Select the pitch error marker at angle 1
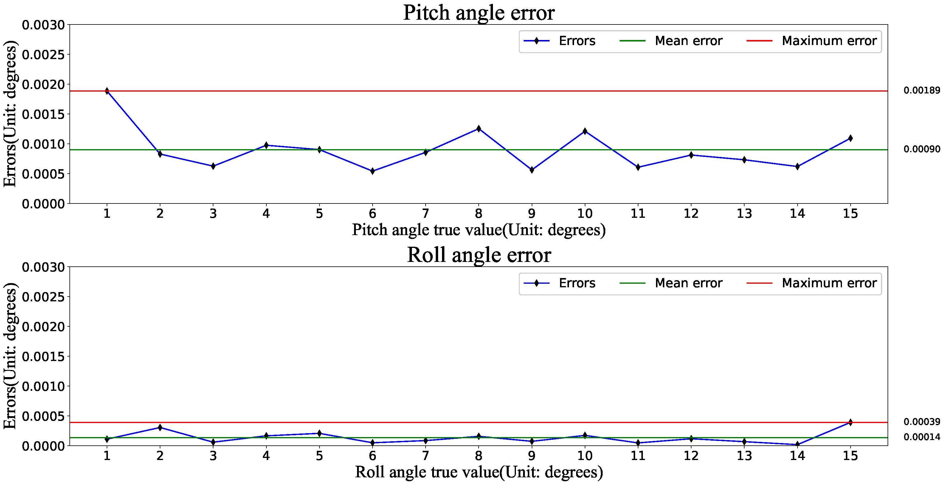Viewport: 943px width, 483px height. (x=107, y=91)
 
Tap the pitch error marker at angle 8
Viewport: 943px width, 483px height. (x=478, y=129)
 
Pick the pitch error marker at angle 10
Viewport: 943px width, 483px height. (x=585, y=131)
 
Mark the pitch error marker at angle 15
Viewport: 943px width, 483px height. (x=850, y=138)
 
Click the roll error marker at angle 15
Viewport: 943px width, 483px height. (x=850, y=422)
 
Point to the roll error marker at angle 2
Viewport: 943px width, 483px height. (x=160, y=427)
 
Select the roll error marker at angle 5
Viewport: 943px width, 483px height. (x=319, y=433)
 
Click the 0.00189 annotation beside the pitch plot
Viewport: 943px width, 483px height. (x=922, y=90)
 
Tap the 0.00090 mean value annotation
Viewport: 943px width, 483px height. (x=922, y=149)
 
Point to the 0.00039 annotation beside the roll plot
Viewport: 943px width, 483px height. (x=922, y=422)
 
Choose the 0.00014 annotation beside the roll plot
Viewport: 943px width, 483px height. (x=922, y=437)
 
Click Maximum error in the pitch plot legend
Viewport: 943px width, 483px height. (x=829, y=41)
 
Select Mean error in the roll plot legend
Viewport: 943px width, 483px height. (x=688, y=283)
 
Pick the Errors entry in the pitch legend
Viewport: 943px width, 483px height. (x=577, y=41)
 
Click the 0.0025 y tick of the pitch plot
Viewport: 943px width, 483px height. (x=43, y=55)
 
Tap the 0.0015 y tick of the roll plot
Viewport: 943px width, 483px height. (x=43, y=357)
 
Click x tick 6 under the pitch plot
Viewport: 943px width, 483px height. (x=372, y=214)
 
